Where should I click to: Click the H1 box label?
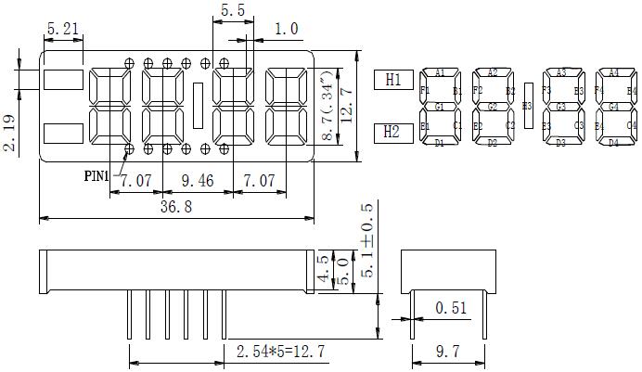[x=393, y=81]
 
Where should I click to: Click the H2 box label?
[x=393, y=134]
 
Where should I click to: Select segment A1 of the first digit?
[x=440, y=72]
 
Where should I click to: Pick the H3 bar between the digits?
[x=528, y=106]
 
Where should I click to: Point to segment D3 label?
[x=560, y=144]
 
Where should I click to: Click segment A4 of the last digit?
[x=613, y=72]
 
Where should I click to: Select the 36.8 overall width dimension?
[x=174, y=208]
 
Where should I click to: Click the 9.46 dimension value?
[x=198, y=179]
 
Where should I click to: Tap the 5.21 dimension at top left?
[x=63, y=29]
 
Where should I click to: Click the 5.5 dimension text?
[x=233, y=10]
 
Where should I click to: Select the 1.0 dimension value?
[x=287, y=30]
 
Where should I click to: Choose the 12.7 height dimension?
[x=347, y=105]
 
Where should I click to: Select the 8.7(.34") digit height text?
[x=327, y=105]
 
